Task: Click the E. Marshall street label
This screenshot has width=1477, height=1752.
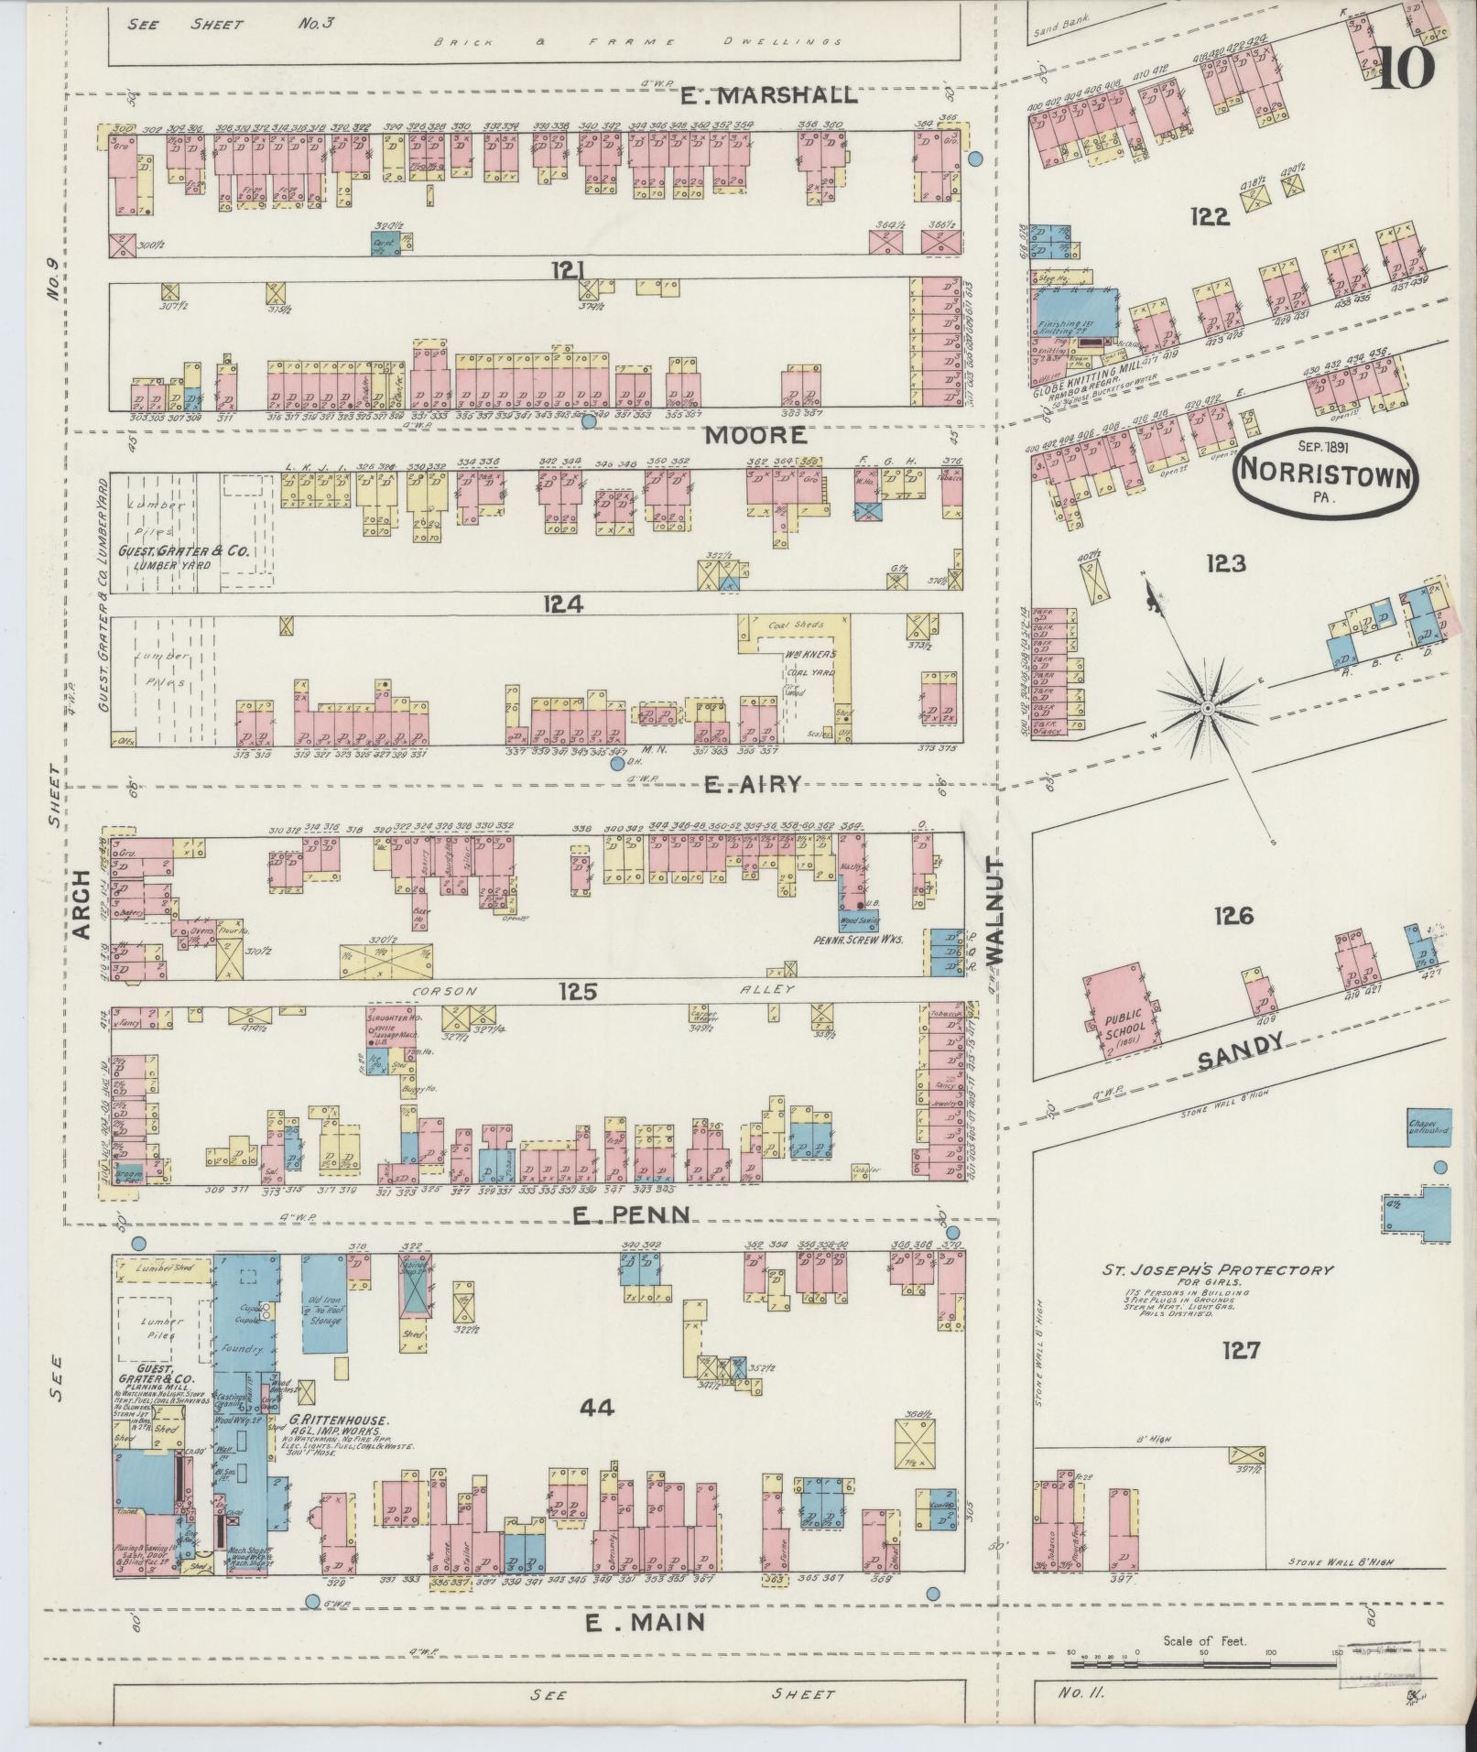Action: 768,94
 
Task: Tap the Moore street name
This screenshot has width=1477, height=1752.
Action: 755,435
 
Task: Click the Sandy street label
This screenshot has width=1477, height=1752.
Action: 1238,1051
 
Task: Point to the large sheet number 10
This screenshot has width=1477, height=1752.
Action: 1402,70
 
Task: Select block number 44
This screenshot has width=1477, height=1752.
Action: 595,1407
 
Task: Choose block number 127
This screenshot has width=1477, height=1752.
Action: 1241,1349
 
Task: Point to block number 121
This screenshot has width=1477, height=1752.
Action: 568,269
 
